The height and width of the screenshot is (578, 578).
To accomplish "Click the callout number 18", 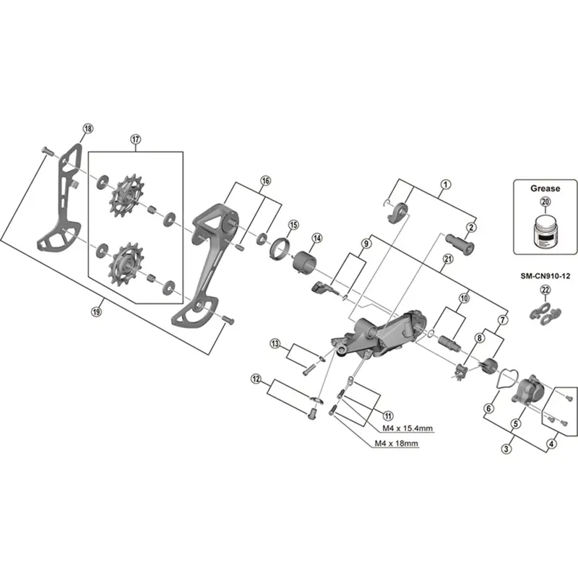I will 87,129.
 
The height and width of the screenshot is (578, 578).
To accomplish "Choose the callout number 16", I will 265,180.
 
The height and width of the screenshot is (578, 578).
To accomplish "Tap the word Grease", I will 545,189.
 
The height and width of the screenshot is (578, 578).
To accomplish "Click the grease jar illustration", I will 544,230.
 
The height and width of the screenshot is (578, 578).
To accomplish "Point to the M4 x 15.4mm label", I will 407,428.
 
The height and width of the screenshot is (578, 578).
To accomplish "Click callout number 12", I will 256,378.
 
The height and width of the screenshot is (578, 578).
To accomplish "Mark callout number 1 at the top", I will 446,184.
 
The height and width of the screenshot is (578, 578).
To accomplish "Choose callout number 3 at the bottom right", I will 505,449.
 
